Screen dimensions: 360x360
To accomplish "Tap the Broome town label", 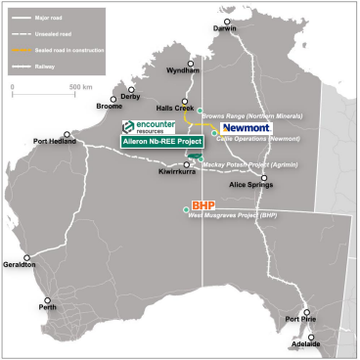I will (x=82, y=107).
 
